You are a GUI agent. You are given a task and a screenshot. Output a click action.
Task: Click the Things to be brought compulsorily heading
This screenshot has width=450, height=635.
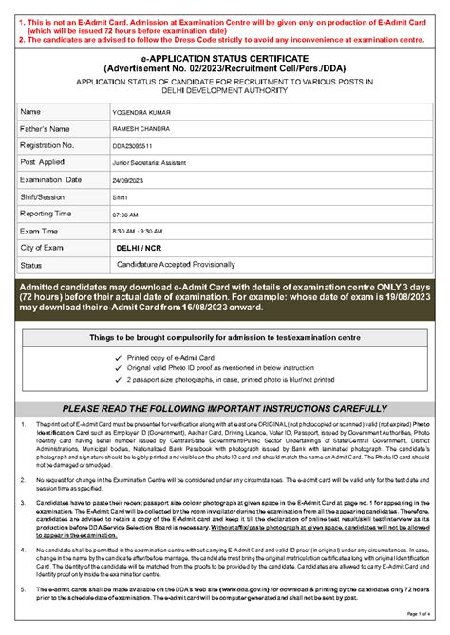coord(224,337)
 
